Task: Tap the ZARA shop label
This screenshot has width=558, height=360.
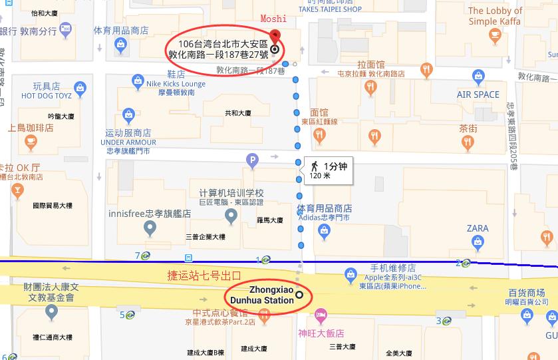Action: click(x=477, y=228)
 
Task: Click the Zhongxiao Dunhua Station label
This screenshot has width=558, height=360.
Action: click(x=271, y=295)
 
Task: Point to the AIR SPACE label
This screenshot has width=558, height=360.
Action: click(x=478, y=94)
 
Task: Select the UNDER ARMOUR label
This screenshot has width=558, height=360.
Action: click(x=128, y=142)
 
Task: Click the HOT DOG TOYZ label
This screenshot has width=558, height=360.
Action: click(x=46, y=96)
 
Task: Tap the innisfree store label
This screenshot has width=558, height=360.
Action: click(x=150, y=214)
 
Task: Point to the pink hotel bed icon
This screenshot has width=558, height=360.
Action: click(x=321, y=314)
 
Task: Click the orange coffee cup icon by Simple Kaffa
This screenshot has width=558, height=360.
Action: click(x=494, y=33)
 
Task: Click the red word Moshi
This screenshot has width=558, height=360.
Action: click(x=273, y=19)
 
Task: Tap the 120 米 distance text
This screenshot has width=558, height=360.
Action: click(x=320, y=176)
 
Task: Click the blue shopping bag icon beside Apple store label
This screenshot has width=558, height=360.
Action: click(x=350, y=273)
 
